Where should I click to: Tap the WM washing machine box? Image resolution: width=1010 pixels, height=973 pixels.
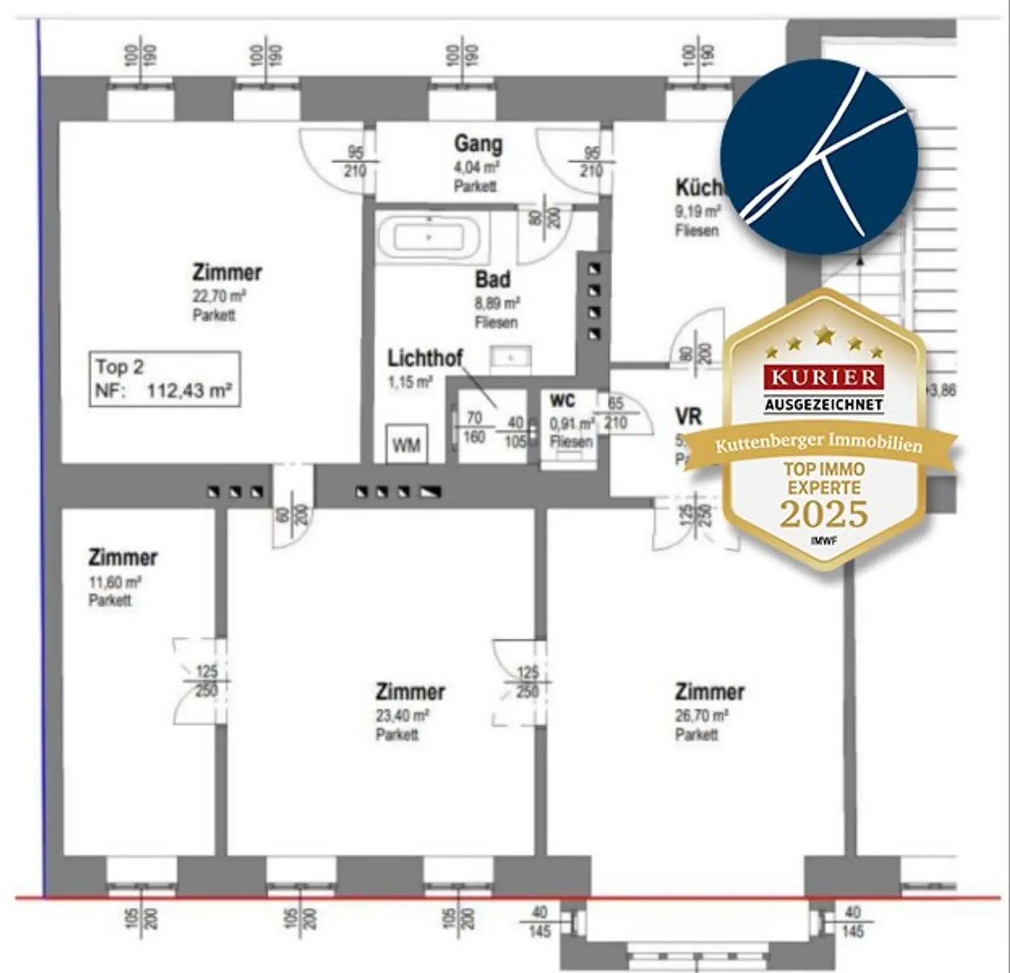(406, 445)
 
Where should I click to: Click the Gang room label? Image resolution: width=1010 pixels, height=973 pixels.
(478, 143)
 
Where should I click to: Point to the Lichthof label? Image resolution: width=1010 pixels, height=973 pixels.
(425, 358)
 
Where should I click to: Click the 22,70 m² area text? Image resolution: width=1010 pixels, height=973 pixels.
(219, 296)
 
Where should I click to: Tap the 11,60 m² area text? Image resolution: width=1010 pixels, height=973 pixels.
(114, 582)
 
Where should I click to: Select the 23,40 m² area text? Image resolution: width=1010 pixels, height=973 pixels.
(402, 716)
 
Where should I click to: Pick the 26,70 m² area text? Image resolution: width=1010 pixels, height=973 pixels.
(701, 716)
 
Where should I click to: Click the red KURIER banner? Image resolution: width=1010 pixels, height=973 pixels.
(823, 377)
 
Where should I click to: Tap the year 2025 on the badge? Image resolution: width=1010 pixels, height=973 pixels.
(824, 514)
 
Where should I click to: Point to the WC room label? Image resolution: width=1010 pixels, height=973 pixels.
(562, 401)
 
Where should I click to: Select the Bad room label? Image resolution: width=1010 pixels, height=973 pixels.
(493, 280)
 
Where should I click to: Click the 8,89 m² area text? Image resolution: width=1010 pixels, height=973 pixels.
(497, 303)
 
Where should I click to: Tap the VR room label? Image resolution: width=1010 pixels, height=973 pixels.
(688, 416)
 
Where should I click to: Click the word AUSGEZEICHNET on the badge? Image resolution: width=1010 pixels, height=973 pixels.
(823, 405)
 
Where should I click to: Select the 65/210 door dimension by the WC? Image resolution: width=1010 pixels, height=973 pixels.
(615, 413)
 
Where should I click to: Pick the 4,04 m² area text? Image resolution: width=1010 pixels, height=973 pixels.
(476, 167)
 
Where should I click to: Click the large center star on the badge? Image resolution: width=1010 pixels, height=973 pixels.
(824, 336)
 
